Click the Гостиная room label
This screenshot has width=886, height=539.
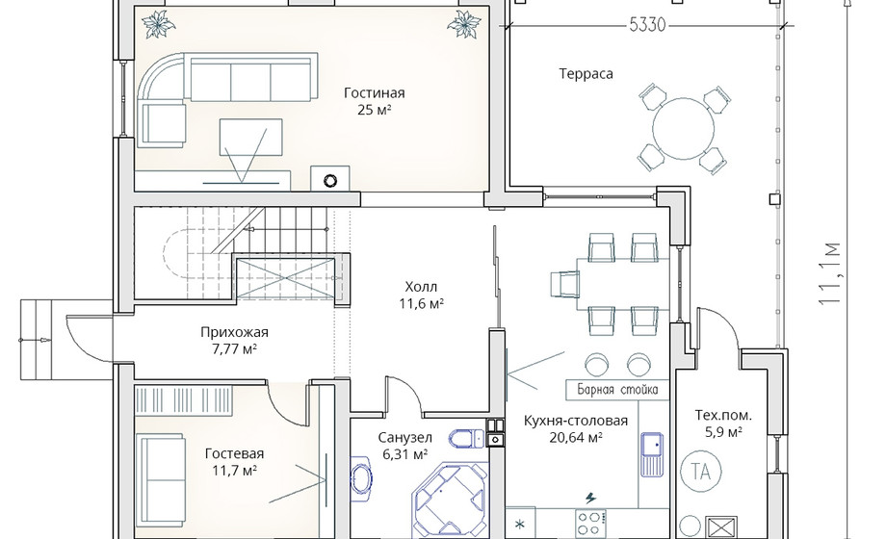(374, 92)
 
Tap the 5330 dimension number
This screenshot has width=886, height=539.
(647, 25)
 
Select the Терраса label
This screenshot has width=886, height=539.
(586, 74)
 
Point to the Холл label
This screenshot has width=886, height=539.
(421, 287)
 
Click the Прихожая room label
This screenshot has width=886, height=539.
(234, 332)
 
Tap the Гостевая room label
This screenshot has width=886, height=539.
(234, 453)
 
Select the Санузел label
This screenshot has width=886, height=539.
(404, 437)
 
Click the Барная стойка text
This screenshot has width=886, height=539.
(617, 389)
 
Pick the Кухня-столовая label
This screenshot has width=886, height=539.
(575, 421)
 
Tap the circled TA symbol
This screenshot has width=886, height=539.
(701, 471)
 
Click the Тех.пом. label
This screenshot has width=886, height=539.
(723, 416)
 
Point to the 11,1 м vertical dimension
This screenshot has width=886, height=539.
(830, 273)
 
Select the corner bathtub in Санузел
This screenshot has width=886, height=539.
(451, 500)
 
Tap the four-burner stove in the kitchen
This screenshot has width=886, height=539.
(591, 524)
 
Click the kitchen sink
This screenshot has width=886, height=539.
(652, 454)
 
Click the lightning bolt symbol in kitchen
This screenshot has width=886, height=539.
(590, 499)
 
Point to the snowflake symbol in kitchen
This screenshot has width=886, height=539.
(520, 525)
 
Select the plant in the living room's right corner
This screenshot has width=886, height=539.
(464, 24)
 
